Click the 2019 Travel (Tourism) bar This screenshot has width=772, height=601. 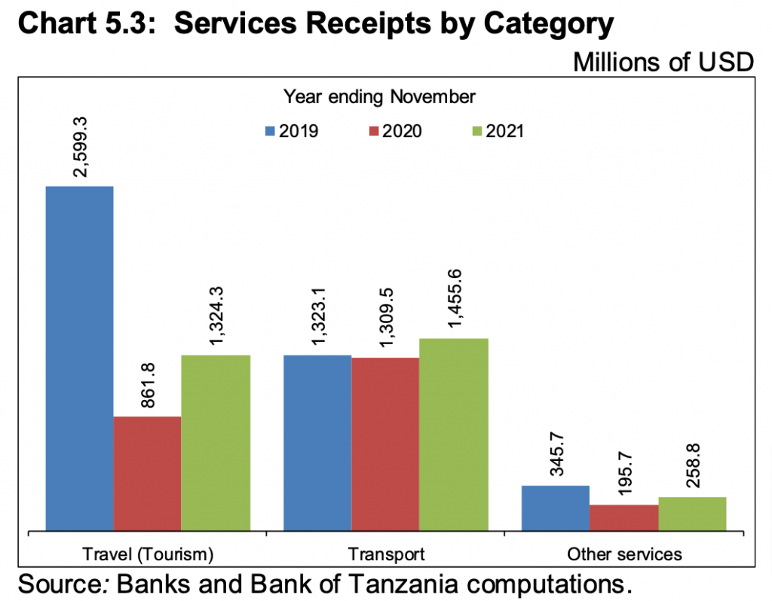tap(79, 358)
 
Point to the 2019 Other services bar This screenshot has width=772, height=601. tap(555, 508)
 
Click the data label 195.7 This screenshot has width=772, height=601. tap(623, 474)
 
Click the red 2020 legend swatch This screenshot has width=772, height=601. tap(373, 131)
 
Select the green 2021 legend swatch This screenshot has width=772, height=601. tap(476, 131)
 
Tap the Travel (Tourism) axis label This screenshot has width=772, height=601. tap(148, 555)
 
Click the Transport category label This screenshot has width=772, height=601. tap(386, 555)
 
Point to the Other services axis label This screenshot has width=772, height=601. tap(624, 555)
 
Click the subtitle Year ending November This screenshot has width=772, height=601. tap(379, 96)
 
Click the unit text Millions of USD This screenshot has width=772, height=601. tap(663, 62)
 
